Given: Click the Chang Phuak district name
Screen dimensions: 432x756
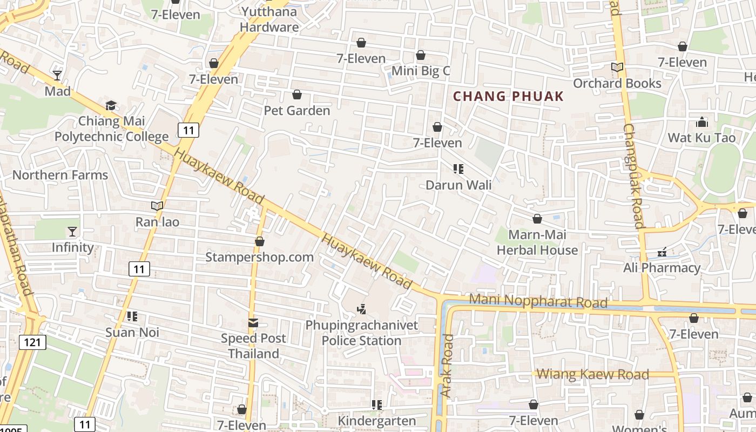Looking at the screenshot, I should tap(508, 97).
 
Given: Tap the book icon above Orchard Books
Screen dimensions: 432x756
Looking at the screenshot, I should tap(617, 67).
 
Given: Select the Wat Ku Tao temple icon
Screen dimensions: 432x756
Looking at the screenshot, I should tap(701, 122).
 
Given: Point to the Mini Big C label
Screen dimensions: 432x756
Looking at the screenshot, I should tap(420, 71).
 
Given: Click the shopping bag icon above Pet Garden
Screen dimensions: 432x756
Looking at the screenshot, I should tap(296, 95).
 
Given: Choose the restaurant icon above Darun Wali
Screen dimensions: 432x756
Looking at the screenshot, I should tap(458, 169).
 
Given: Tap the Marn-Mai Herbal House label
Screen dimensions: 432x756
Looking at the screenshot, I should tap(537, 242).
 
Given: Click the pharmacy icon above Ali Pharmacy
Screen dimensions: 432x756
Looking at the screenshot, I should tap(662, 252).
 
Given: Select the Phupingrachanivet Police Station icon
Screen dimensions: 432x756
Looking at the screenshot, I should tap(362, 309).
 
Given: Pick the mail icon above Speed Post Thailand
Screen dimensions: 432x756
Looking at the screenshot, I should tap(253, 322).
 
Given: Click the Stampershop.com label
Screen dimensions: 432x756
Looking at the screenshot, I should tap(259, 257).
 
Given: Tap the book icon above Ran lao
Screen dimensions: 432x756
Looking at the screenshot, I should tap(157, 206).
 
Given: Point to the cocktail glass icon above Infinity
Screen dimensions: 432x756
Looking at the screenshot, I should tap(72, 232).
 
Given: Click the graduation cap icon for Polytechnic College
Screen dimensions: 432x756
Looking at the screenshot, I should tap(111, 105).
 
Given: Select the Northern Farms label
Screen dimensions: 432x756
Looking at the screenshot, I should tap(60, 175).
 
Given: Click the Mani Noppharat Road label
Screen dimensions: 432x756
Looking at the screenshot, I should tap(538, 301).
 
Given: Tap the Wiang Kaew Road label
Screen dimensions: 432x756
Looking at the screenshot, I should tap(592, 374).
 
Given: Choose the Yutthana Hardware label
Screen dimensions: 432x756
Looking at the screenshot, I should tap(269, 19).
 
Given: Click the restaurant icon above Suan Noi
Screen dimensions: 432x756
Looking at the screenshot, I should tap(132, 316).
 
